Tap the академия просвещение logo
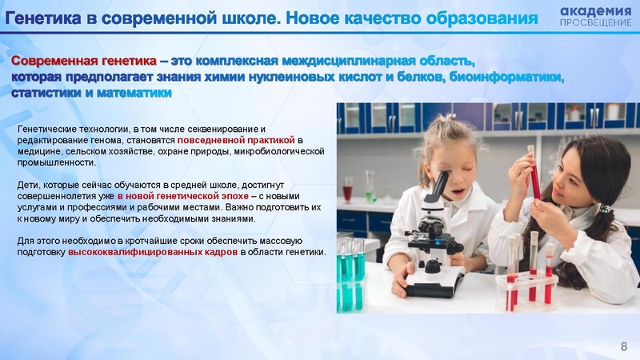(594, 15)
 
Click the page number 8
(625, 345)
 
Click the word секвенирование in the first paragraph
(224, 128)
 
